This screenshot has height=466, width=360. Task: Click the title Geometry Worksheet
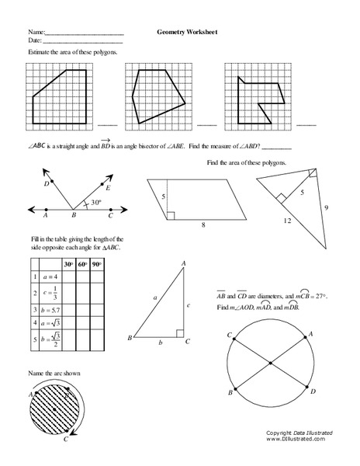click(186, 33)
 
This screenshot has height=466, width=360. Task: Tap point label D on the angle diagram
click(47, 184)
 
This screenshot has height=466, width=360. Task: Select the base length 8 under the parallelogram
click(203, 225)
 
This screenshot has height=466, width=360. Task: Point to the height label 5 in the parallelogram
click(163, 197)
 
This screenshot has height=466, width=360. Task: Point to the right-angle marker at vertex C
click(179, 334)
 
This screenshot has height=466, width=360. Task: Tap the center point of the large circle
click(270, 363)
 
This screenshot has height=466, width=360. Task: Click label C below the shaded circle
click(67, 439)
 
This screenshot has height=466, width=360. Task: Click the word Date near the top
click(33, 40)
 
